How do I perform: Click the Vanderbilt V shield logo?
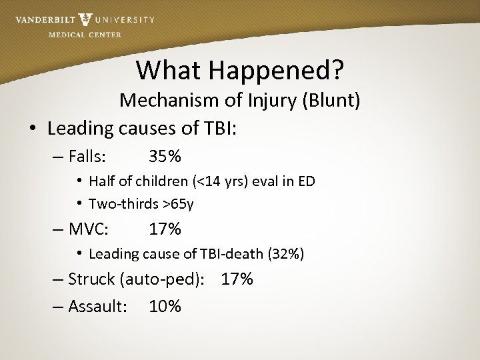pos(85,19)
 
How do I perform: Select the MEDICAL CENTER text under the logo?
pos(85,35)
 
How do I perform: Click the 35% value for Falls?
pos(165,157)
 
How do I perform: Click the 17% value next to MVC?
pos(165,229)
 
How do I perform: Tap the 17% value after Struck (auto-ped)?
pos(237,279)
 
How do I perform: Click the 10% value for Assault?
pos(165,306)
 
